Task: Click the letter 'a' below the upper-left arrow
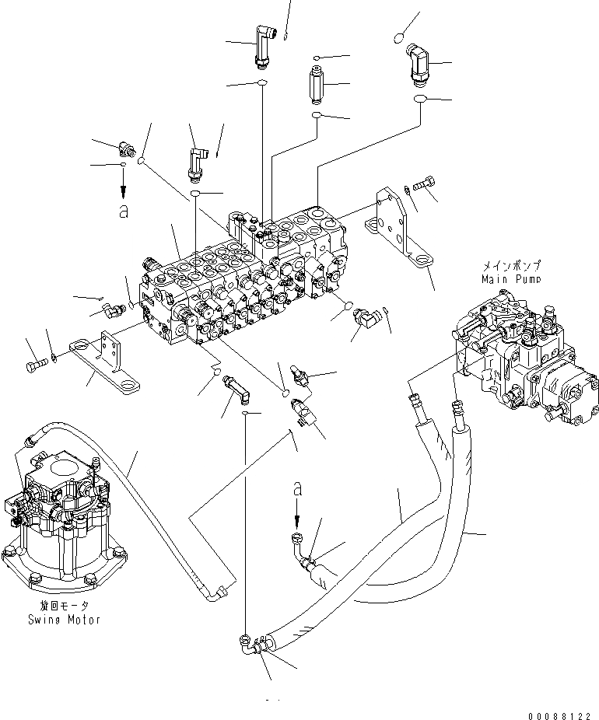123,211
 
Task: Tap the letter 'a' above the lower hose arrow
296,489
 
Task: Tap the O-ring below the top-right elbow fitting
420,100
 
